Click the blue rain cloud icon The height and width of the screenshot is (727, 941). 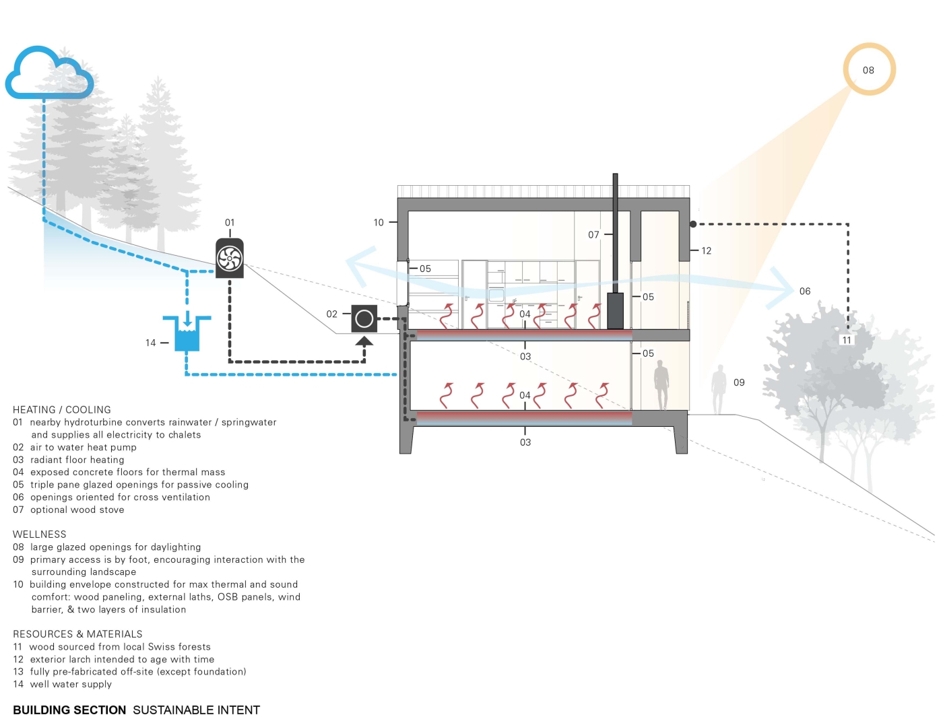pyautogui.click(x=48, y=73)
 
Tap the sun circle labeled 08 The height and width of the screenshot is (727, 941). pyautogui.click(x=869, y=69)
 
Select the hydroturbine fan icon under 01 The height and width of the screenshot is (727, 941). pyautogui.click(x=230, y=258)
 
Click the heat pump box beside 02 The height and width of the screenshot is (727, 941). pyautogui.click(x=364, y=318)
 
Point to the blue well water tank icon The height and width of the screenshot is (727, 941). pyautogui.click(x=187, y=335)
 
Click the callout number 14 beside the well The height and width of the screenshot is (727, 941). pyautogui.click(x=151, y=343)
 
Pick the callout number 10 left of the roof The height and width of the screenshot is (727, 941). pyautogui.click(x=379, y=222)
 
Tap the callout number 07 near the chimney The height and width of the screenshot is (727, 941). pyautogui.click(x=593, y=234)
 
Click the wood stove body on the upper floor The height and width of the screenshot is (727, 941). pyautogui.click(x=615, y=310)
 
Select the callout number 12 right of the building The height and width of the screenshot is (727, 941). pyautogui.click(x=706, y=250)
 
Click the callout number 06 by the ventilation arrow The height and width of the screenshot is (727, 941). pyautogui.click(x=805, y=291)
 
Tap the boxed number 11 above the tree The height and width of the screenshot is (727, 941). pyautogui.click(x=847, y=340)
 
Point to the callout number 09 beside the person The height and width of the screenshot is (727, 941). pyautogui.click(x=739, y=382)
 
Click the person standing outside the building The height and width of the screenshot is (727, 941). pyautogui.click(x=719, y=389)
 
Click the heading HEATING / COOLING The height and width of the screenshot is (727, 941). pyautogui.click(x=62, y=409)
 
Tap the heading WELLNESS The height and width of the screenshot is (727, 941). pyautogui.click(x=40, y=534)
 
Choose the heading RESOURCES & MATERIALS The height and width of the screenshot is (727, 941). pyautogui.click(x=77, y=634)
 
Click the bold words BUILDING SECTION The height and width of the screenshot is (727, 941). pyautogui.click(x=69, y=710)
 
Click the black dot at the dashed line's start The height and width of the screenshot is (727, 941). pyautogui.click(x=693, y=224)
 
